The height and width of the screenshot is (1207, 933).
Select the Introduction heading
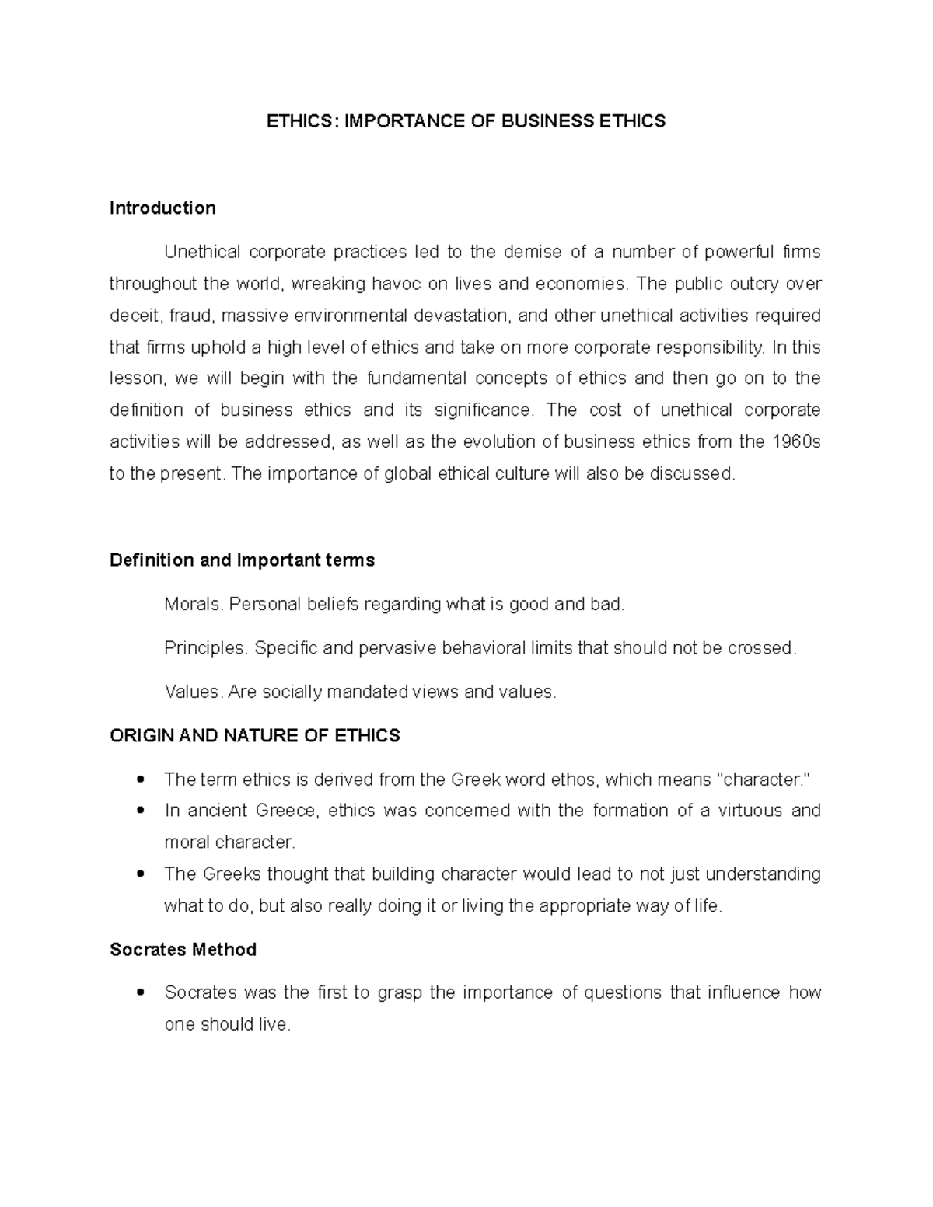point(162,208)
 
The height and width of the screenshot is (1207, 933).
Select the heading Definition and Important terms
point(242,560)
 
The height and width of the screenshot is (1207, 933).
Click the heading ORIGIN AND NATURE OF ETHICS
point(255,736)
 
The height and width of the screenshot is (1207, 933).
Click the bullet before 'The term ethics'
point(141,780)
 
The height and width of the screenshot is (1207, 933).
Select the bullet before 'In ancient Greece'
point(141,811)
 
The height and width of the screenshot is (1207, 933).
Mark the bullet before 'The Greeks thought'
point(141,874)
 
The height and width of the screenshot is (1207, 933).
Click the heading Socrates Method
point(183,950)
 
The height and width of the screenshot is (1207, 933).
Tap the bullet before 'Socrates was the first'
point(141,993)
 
